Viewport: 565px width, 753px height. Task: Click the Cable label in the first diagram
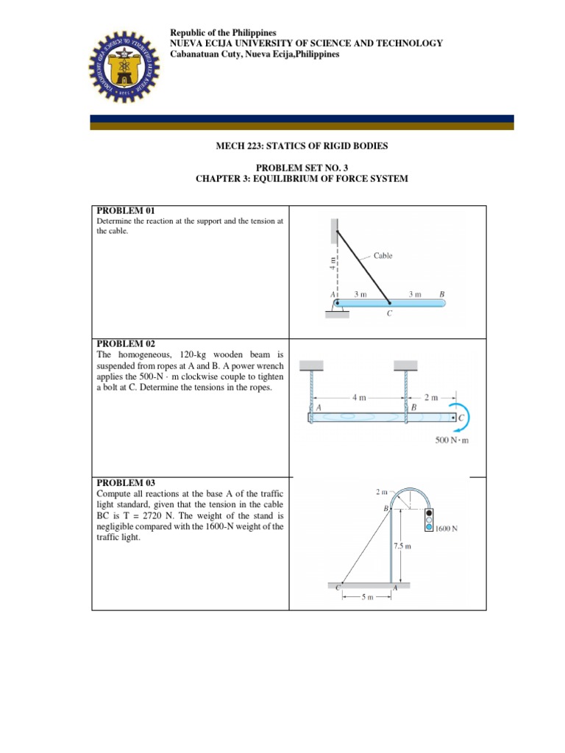coord(383,256)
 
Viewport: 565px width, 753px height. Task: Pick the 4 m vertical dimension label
coord(332,263)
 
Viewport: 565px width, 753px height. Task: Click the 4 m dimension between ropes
coord(359,398)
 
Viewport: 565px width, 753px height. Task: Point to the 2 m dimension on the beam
coord(431,398)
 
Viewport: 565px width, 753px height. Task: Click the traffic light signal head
coord(429,518)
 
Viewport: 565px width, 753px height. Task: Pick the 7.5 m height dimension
coord(402,546)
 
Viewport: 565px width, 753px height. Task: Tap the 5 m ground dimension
coord(366,598)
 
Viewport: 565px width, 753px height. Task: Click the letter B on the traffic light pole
coord(385,508)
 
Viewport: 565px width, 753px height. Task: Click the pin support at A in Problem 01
coord(337,305)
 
